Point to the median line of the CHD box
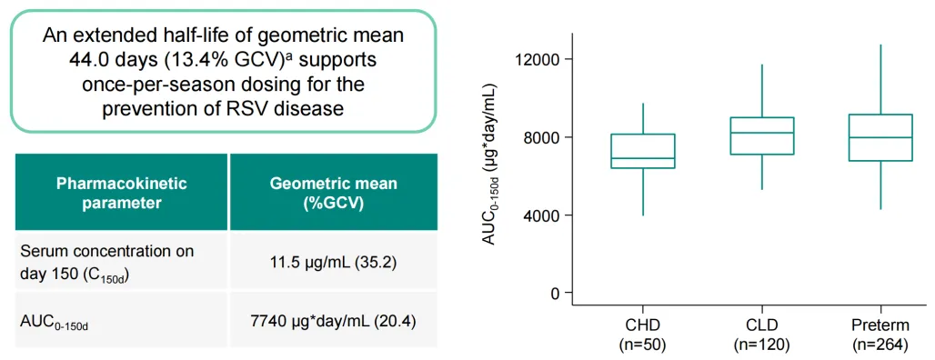coord(643,158)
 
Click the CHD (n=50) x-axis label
coord(643,335)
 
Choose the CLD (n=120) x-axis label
coord(762,335)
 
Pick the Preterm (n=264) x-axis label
coord(880,335)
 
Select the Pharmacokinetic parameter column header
coord(121,193)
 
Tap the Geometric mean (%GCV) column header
coord(333,193)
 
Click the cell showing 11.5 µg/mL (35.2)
coord(333,261)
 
